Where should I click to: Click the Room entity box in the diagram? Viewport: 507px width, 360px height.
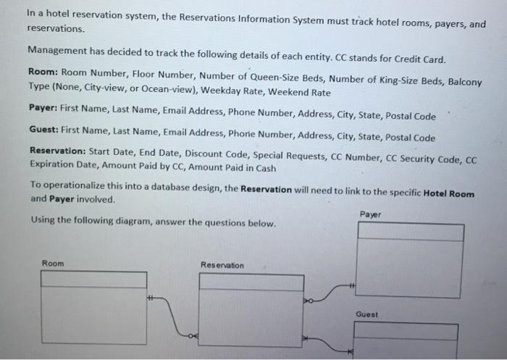(x=93, y=307)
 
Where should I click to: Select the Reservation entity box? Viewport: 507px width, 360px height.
(x=251, y=310)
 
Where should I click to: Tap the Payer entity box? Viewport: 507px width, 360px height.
(x=410, y=260)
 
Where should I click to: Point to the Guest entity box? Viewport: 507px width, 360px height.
(x=406, y=340)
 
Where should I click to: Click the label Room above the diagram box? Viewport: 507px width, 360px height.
(x=53, y=263)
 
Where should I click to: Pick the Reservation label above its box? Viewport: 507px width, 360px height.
(x=222, y=265)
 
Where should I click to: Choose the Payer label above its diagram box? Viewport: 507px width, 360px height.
(x=370, y=214)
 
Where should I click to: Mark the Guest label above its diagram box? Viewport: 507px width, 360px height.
(x=366, y=314)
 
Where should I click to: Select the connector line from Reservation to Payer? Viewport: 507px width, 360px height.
(x=329, y=293)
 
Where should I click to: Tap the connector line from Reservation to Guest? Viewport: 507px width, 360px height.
(x=328, y=345)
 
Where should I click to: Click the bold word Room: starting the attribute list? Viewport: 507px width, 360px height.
(x=43, y=72)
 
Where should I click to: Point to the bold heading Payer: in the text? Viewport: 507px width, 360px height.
(x=43, y=107)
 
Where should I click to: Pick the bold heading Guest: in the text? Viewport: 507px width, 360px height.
(x=44, y=130)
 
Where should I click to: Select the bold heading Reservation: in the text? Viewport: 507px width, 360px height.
(x=58, y=151)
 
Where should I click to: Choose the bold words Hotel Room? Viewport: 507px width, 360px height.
(x=449, y=193)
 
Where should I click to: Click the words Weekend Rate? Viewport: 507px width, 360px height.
(x=299, y=92)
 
